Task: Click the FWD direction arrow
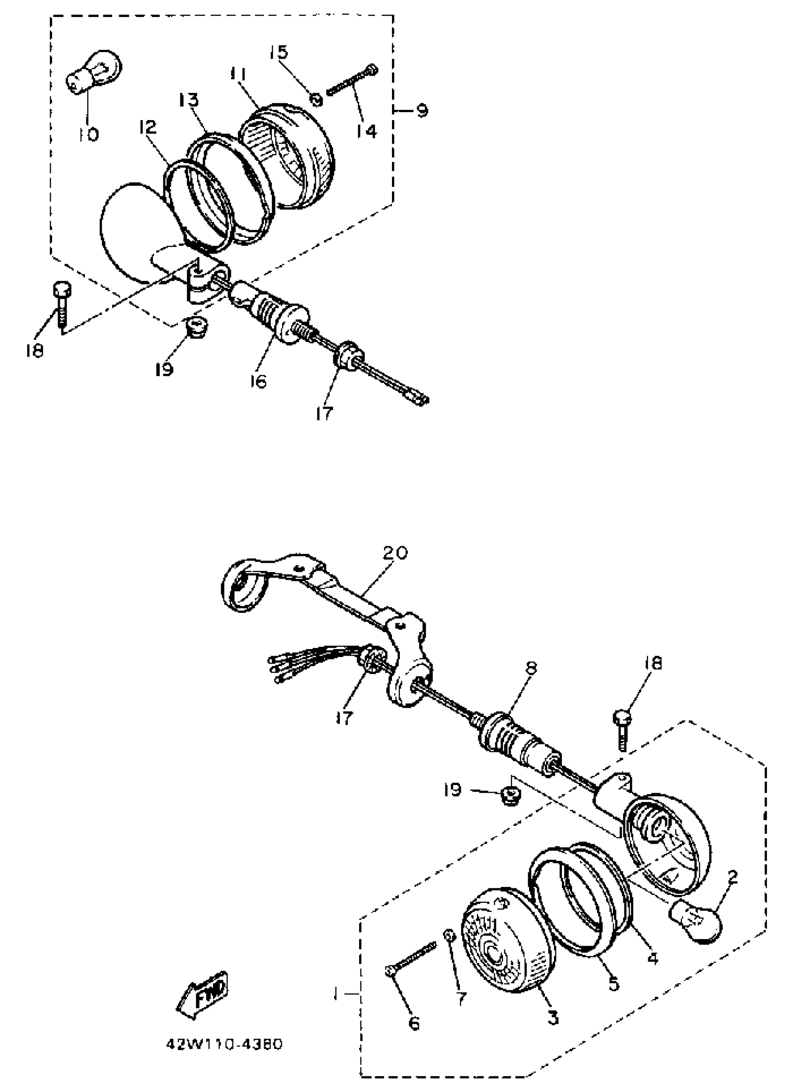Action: [202, 996]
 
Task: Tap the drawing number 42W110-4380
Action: [224, 1044]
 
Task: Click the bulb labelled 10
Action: [94, 72]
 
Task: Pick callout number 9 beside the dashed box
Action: [422, 111]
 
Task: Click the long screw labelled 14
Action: [352, 80]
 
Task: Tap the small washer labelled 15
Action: [315, 99]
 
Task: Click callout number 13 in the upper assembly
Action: [188, 100]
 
